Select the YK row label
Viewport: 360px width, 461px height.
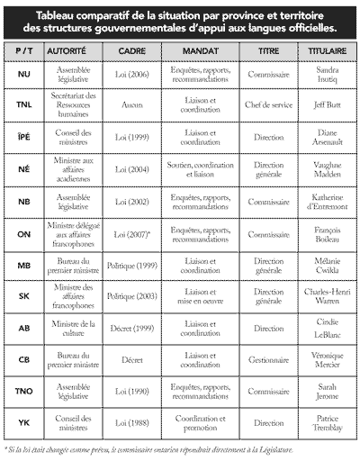click(x=24, y=423)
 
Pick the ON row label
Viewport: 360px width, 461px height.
click(x=24, y=234)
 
